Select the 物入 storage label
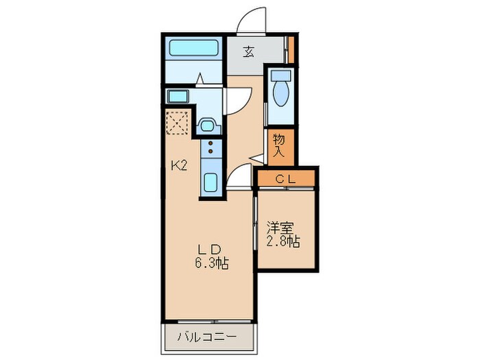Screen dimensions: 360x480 (x=280, y=145)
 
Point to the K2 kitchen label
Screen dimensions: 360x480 (x=180, y=165)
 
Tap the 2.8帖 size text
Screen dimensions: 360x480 (x=283, y=243)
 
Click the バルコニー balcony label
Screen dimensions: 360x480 (x=207, y=337)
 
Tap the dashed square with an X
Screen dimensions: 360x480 (x=178, y=123)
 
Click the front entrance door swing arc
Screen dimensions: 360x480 (x=248, y=19)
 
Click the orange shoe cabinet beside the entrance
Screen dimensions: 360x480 (x=290, y=49)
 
